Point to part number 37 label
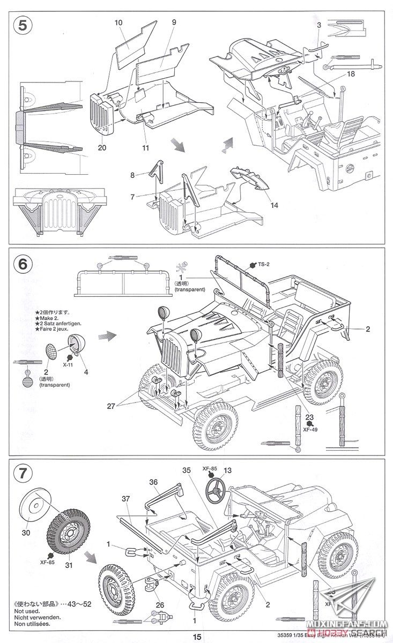125,499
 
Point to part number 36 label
153,482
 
